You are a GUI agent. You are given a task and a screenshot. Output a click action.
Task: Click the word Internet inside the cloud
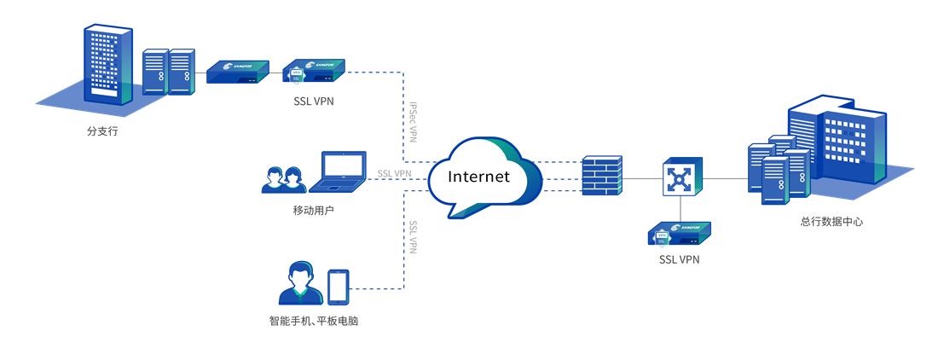[478, 177]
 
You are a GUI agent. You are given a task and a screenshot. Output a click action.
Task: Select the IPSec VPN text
[413, 123]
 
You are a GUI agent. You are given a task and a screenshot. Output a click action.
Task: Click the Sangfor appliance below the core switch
[679, 233]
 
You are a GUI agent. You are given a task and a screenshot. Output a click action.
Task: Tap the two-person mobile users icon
[283, 179]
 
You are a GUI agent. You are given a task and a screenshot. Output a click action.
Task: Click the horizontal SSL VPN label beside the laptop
[394, 174]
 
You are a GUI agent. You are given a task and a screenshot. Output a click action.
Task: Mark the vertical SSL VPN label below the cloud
[413, 237]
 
